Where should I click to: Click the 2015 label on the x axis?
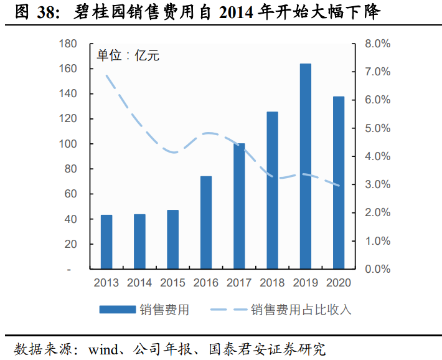tap(173, 283)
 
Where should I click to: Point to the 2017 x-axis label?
tap(239, 283)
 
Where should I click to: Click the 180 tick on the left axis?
tap(68, 44)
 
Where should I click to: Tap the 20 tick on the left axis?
tap(70, 244)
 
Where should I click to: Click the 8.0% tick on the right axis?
tap(377, 44)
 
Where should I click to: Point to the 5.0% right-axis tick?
tap(377, 128)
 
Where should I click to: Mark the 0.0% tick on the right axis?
tap(377, 269)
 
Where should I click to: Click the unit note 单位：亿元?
tap(128, 55)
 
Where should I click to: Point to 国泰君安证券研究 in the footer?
tap(267, 348)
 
